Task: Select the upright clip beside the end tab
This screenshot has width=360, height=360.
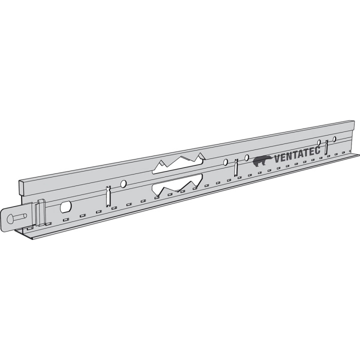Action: tap(40, 213)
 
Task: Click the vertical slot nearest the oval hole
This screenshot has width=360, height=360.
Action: tap(108, 196)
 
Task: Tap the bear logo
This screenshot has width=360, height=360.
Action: tap(262, 160)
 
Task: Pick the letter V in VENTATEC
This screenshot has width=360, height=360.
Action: tap(277, 159)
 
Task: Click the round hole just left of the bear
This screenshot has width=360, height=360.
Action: tap(246, 158)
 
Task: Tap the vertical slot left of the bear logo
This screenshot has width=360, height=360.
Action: tap(236, 167)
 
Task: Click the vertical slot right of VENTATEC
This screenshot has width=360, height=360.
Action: tap(326, 147)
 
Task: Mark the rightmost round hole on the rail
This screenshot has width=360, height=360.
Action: tap(335, 138)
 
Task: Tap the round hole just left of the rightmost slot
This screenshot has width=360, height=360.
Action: tap(319, 142)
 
